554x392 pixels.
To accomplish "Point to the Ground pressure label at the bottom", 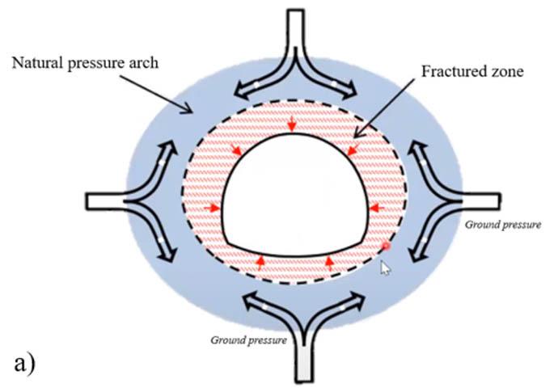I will click(249, 340).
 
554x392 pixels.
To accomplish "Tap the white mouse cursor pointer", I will click(386, 268).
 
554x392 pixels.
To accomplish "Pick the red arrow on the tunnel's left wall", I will click(214, 208).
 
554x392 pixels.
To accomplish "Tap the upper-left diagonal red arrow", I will click(235, 150).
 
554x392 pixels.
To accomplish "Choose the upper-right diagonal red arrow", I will click(350, 150).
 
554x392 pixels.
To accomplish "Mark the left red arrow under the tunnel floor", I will click(260, 261).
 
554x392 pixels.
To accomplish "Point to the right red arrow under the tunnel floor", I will click(329, 261).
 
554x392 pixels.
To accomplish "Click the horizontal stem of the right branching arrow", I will click(480, 199).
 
